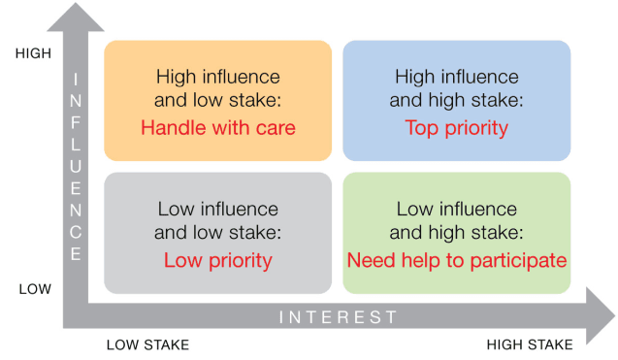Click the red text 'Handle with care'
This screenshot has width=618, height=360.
[x=217, y=127]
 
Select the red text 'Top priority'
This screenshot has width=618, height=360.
[x=456, y=127]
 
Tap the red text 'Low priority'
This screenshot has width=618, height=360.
[x=217, y=260]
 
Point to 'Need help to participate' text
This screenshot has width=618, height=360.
[x=456, y=260]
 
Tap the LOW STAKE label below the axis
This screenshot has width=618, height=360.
[x=147, y=344]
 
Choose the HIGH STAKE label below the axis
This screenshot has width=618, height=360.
[x=530, y=344]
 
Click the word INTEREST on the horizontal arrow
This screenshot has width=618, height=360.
[x=339, y=317]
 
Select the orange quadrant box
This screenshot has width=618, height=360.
[x=217, y=100]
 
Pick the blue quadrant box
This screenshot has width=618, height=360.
[x=456, y=100]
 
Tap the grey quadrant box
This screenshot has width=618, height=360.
[x=217, y=233]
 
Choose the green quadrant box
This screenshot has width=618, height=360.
[x=456, y=233]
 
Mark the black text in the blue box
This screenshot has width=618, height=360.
[x=456, y=87]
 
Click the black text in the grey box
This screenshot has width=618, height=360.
[x=217, y=220]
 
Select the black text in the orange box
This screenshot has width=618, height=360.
[x=217, y=87]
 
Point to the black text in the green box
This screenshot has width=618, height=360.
[x=456, y=220]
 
